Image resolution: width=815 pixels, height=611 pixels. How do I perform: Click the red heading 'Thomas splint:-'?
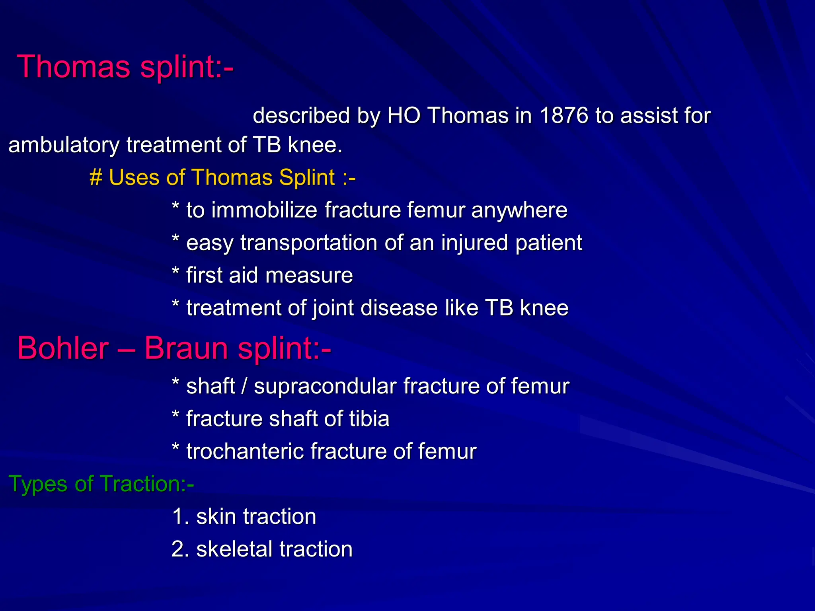pyautogui.click(x=125, y=67)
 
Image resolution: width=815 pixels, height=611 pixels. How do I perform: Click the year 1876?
pyautogui.click(x=564, y=116)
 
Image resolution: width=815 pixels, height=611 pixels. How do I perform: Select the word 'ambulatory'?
pyautogui.click(x=64, y=145)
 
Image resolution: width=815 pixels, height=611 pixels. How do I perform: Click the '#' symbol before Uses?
pyautogui.click(x=96, y=177)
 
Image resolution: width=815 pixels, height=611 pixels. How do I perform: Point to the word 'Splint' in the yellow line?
pyautogui.click(x=307, y=177)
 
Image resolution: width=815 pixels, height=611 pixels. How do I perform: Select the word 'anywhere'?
pyautogui.click(x=519, y=210)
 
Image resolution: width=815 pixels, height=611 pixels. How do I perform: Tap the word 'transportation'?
pyautogui.click(x=308, y=243)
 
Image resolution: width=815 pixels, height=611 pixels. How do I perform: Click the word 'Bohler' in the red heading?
pyautogui.click(x=63, y=348)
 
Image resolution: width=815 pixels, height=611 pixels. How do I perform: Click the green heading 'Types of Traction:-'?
pyautogui.click(x=101, y=484)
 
